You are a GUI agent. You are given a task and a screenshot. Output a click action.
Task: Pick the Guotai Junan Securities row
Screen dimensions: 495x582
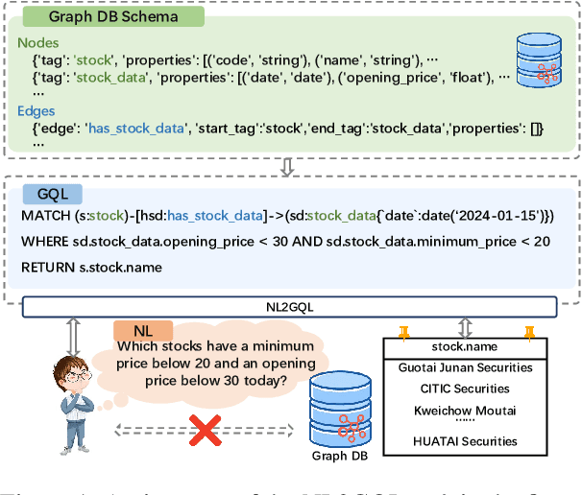click(464, 367)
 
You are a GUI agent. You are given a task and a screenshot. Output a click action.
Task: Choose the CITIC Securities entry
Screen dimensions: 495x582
click(464, 389)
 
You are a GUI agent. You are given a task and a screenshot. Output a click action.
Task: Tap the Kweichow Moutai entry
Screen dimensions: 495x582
click(464, 410)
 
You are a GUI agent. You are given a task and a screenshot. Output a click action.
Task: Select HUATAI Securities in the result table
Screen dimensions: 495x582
click(464, 441)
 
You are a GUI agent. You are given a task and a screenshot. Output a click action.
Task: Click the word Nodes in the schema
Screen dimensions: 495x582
click(38, 44)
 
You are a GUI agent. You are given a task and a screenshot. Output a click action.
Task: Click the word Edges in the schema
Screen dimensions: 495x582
click(37, 110)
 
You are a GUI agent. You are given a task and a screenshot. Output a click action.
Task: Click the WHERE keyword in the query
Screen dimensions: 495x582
click(45, 242)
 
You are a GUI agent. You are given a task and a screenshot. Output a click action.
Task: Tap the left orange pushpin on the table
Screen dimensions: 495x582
click(403, 333)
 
